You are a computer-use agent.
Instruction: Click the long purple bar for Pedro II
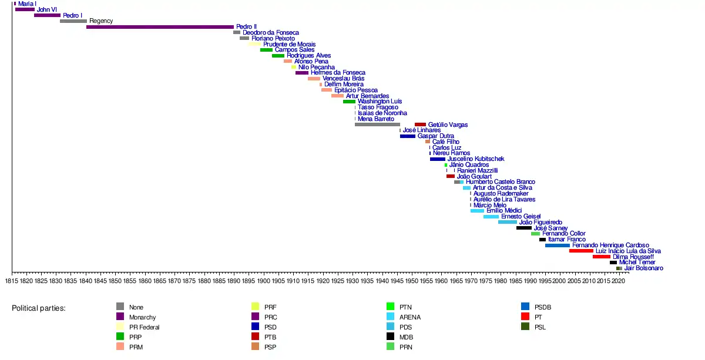coord(160,27)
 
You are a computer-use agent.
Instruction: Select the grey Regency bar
coord(73,21)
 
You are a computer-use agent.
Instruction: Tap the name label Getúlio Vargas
coord(448,125)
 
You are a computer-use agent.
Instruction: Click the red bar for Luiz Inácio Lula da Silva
coord(581,251)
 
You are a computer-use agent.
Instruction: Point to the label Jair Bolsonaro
coord(643,268)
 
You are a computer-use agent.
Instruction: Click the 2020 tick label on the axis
coord(618,281)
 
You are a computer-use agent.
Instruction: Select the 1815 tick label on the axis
coord(12,281)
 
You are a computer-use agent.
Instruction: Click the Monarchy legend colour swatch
coord(120,317)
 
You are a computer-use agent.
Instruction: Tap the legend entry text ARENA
coord(410,317)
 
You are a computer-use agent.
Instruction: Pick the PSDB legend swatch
coord(525,307)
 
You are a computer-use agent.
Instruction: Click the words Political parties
coord(39,308)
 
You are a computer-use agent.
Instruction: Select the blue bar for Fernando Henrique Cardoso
coord(557,245)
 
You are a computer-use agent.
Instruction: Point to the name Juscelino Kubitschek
coord(475,159)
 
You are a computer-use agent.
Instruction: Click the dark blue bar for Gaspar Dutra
coord(408,136)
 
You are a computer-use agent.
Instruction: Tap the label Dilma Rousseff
coord(633,257)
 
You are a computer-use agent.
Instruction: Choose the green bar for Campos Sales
coord(266,50)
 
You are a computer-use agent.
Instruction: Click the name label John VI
coord(47,9)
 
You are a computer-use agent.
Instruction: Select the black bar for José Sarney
coord(524,228)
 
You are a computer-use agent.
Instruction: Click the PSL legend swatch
coord(525,327)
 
